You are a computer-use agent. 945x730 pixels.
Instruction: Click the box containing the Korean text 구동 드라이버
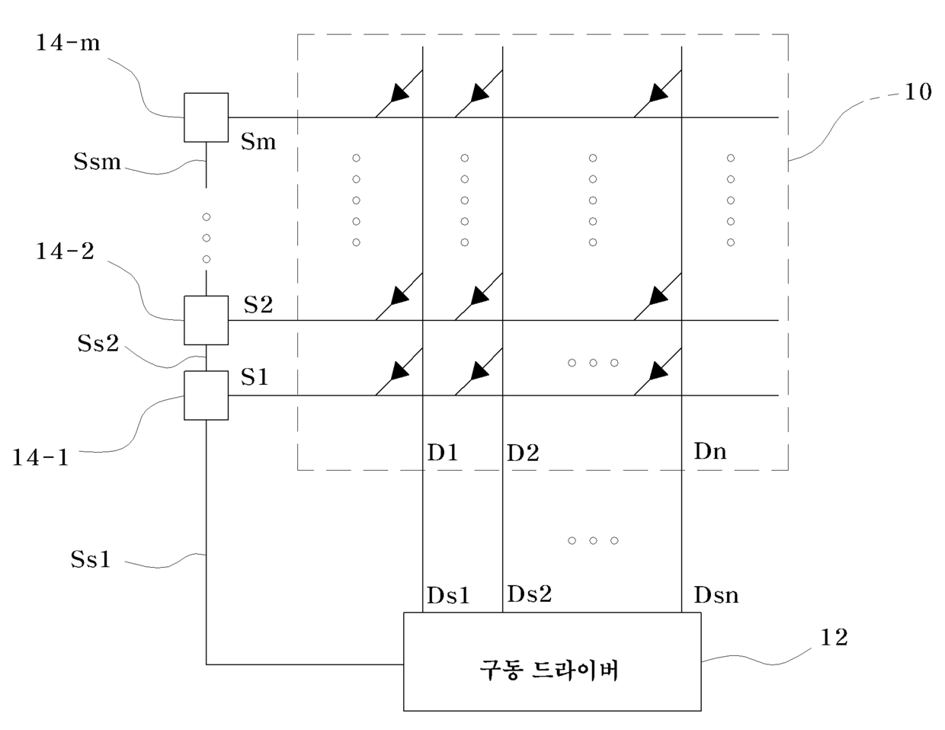tap(552, 661)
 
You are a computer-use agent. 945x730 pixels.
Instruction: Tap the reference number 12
tap(834, 638)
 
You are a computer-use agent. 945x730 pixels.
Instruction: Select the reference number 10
tap(918, 91)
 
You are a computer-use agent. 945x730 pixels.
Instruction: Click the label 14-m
tap(67, 43)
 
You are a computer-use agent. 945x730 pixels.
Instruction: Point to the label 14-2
tap(64, 251)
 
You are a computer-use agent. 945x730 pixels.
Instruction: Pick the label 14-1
tap(40, 457)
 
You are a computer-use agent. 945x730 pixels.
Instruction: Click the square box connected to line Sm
tap(206, 117)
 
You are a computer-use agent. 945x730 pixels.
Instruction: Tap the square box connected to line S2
tap(206, 321)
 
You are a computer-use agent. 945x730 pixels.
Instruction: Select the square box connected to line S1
tap(206, 395)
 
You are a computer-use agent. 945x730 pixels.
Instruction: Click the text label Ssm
tap(97, 162)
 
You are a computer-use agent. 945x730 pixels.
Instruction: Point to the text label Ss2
tap(98, 343)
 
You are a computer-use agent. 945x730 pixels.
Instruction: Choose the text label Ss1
tap(91, 559)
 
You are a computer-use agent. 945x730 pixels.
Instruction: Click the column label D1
tap(443, 453)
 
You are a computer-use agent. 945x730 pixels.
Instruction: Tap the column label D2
tap(523, 453)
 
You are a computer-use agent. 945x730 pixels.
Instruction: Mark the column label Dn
tap(710, 451)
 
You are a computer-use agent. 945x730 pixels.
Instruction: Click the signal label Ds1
tap(448, 595)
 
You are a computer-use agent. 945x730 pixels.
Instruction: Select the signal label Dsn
tap(716, 595)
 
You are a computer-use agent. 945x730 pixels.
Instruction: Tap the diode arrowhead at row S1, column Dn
tap(658, 371)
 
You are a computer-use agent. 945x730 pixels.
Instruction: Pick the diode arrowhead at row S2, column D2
tap(479, 296)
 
